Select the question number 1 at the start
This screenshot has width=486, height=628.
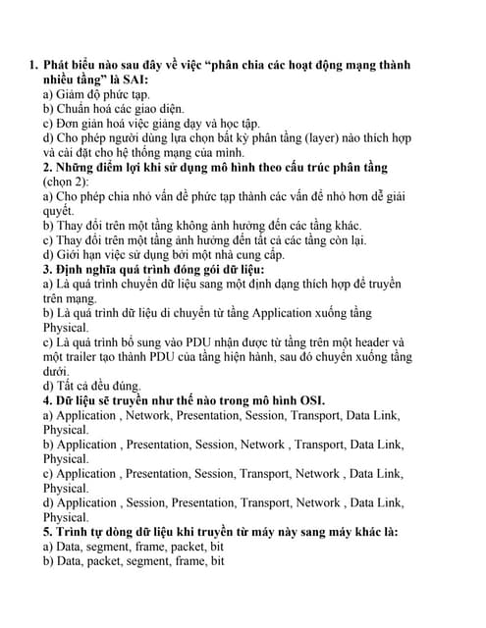(32, 65)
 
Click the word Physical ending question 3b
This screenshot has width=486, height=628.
(66, 328)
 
